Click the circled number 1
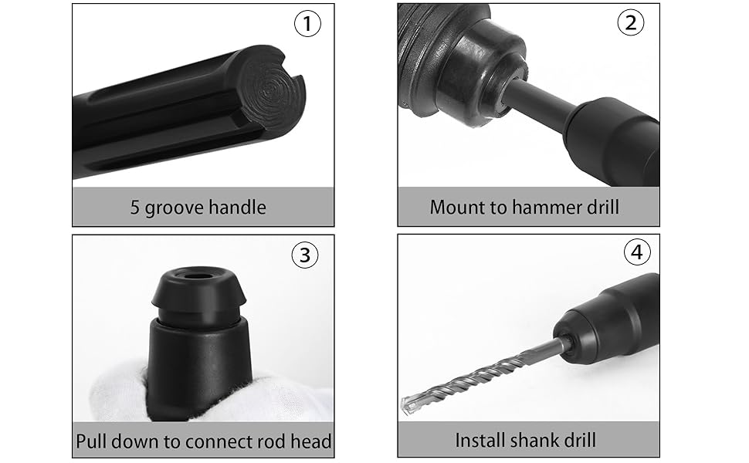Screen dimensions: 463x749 pos(307,24)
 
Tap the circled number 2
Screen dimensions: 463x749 pos(631,22)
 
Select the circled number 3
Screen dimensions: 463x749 pos(305,255)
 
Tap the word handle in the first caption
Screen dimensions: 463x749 pos(239,207)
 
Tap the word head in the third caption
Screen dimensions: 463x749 pos(311,441)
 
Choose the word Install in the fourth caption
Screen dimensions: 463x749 pos(480,440)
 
